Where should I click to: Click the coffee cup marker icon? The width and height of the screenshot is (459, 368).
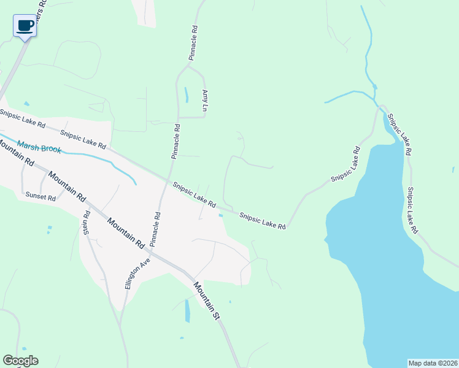(x=25, y=26)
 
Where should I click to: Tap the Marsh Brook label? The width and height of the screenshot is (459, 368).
(x=39, y=147)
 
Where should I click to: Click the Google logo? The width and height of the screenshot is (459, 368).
(x=20, y=361)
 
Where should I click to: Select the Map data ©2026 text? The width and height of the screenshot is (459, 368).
(x=433, y=362)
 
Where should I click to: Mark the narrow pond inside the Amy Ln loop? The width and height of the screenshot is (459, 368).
(x=186, y=95)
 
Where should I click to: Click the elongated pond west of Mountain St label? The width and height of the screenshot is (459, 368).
(x=187, y=310)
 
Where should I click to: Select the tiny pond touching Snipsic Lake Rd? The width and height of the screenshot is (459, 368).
(x=220, y=215)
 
